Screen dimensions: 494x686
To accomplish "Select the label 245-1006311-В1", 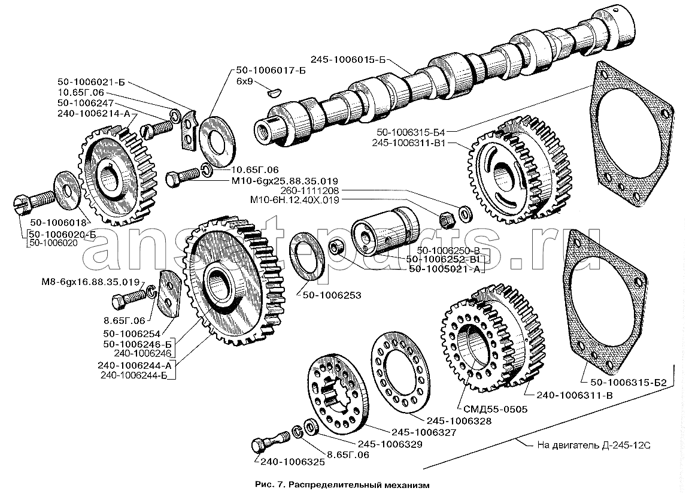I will pos(411,143).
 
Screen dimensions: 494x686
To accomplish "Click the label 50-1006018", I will pos(58,222).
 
